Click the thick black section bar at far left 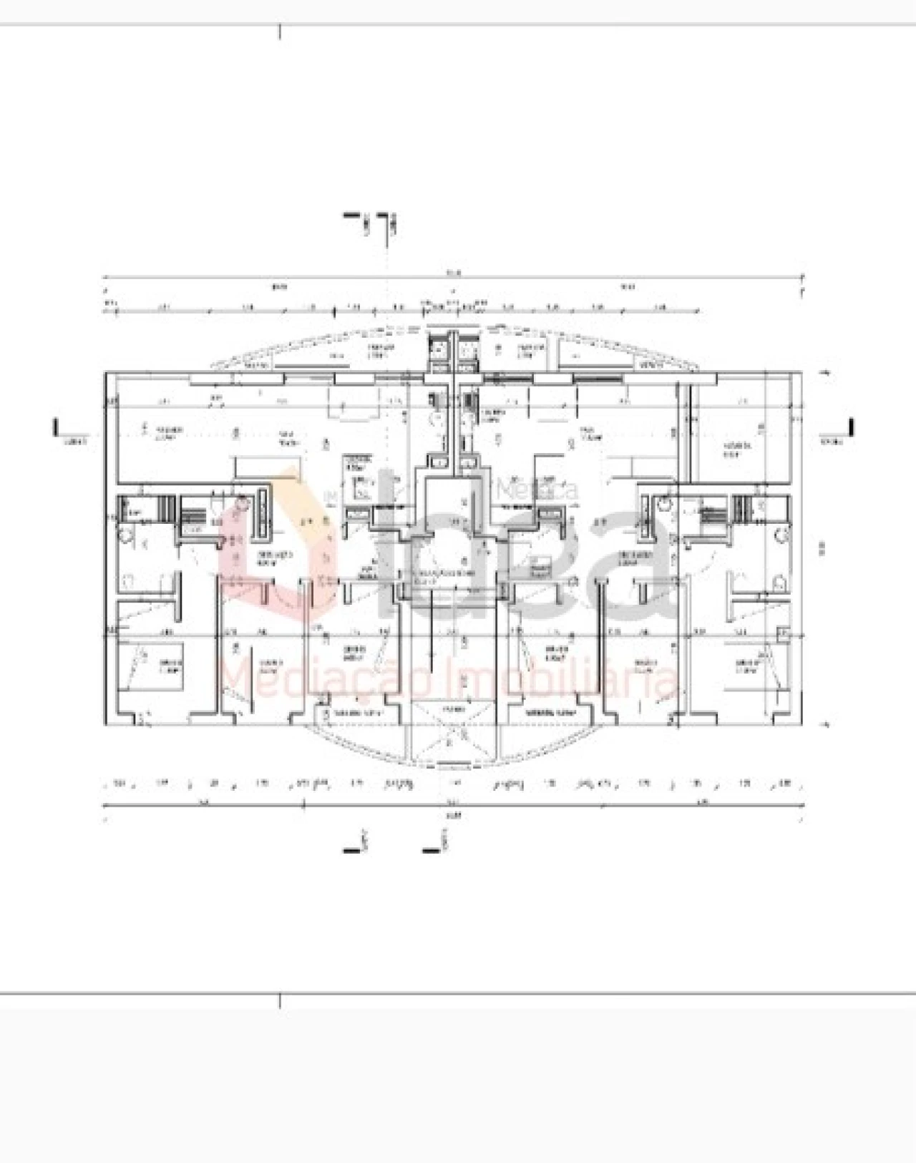(56, 427)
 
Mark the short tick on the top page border (280, 31)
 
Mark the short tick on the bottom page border (280, 1001)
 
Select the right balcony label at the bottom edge (550, 714)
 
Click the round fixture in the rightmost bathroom (784, 534)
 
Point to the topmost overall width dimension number (452, 272)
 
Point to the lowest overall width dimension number (452, 814)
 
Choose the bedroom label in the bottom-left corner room (170, 666)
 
